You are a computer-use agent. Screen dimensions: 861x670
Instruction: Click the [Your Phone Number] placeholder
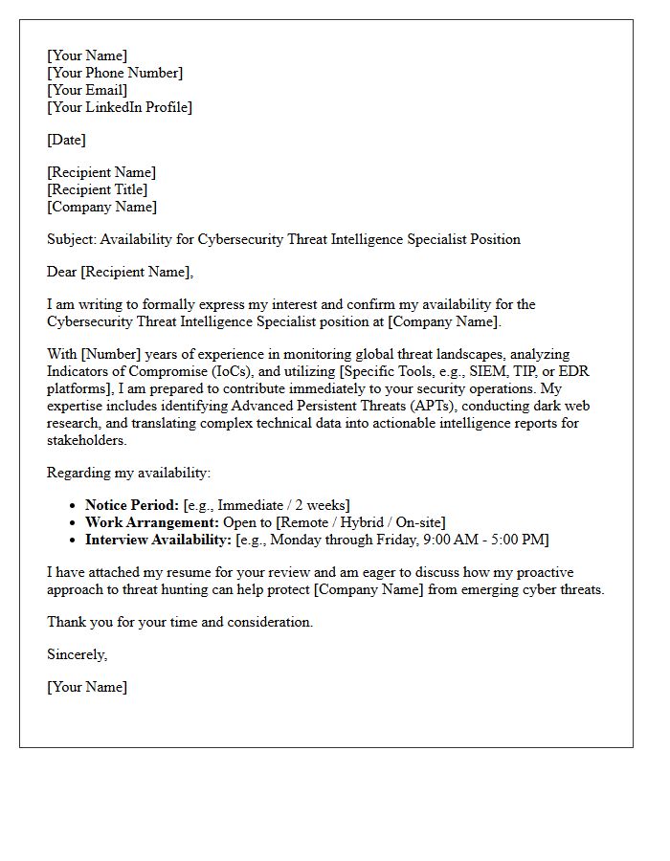pyautogui.click(x=115, y=73)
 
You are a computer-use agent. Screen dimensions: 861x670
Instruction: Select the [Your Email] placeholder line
pyautogui.click(x=87, y=90)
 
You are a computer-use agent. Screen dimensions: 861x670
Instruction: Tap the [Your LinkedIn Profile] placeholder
pyautogui.click(x=120, y=107)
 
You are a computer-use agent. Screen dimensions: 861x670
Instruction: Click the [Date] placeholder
pyautogui.click(x=66, y=140)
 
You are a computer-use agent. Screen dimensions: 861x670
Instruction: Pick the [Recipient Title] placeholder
pyautogui.click(x=97, y=189)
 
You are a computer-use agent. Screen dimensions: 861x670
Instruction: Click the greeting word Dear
pyautogui.click(x=62, y=272)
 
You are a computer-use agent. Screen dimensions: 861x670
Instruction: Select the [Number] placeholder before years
pyautogui.click(x=112, y=354)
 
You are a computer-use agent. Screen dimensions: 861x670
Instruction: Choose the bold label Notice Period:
pyautogui.click(x=132, y=505)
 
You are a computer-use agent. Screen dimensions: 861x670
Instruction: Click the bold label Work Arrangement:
pyautogui.click(x=151, y=522)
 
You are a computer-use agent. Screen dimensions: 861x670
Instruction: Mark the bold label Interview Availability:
pyautogui.click(x=158, y=540)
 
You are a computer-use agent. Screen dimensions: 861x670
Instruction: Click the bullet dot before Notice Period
pyautogui.click(x=74, y=505)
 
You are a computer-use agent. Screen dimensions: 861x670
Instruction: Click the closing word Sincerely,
pyautogui.click(x=78, y=654)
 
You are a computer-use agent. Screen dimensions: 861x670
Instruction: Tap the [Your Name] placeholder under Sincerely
pyautogui.click(x=87, y=687)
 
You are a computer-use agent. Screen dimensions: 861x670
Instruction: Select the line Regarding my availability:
pyautogui.click(x=128, y=473)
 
